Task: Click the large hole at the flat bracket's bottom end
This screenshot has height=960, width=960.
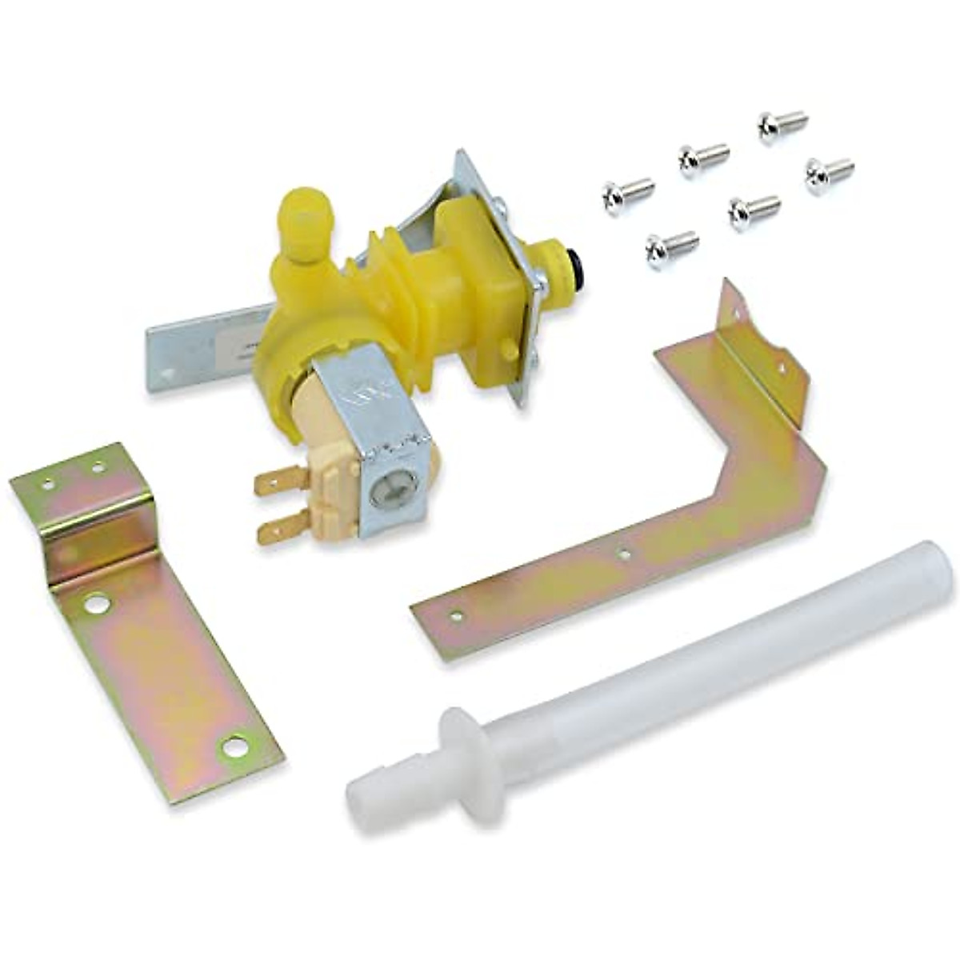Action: [x=234, y=746]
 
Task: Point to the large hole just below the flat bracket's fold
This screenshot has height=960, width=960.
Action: [x=96, y=604]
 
